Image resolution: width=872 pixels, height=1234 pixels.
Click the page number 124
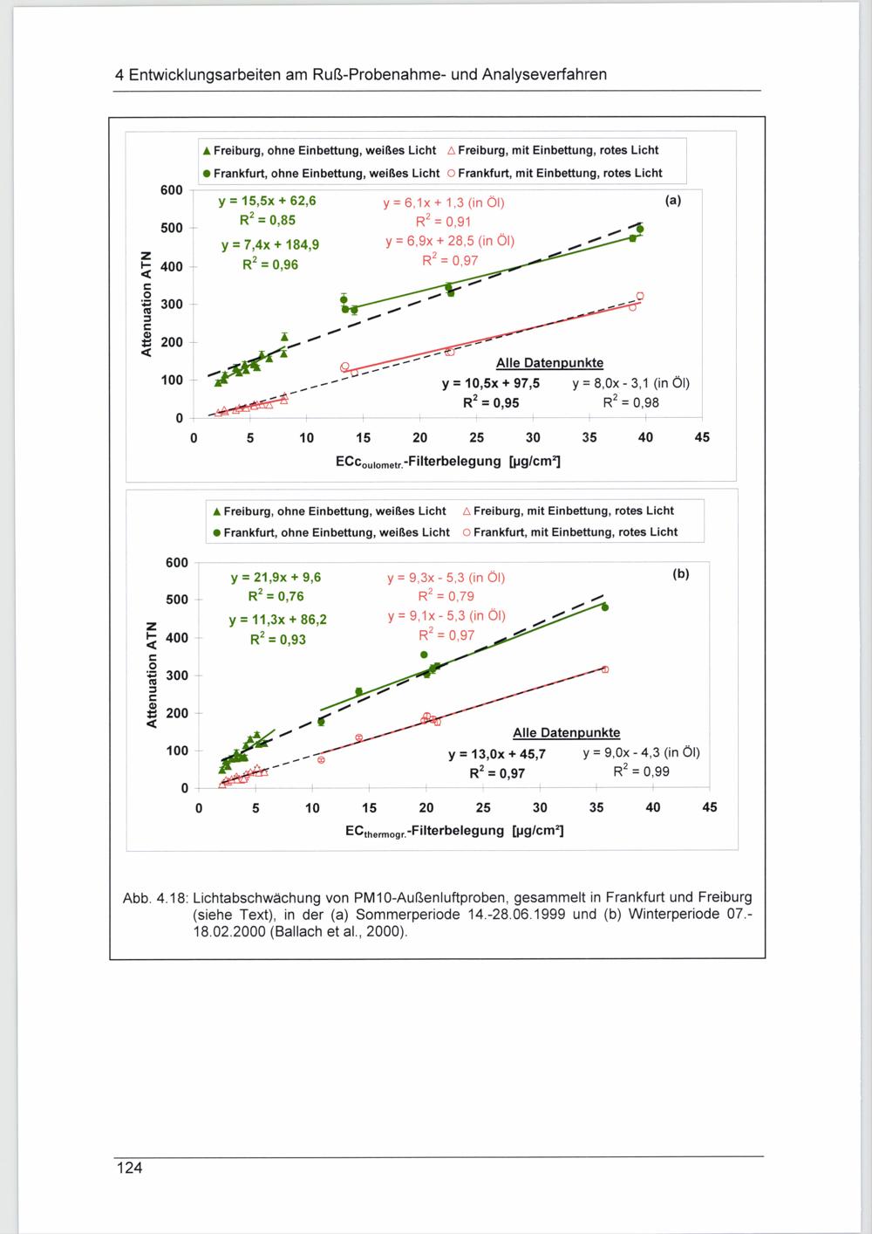tap(129, 1169)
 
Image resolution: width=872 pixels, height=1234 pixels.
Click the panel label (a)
tap(672, 200)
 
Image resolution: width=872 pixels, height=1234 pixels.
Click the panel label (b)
tap(680, 573)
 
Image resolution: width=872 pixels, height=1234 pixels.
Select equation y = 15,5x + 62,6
tap(268, 201)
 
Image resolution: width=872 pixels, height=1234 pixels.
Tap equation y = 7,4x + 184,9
tap(270, 244)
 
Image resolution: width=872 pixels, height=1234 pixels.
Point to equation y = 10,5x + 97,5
tap(490, 383)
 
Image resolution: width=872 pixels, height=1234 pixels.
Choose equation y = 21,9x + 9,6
tap(276, 577)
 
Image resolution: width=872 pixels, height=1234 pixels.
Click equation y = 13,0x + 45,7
tap(497, 754)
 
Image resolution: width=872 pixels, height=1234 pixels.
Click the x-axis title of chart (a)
tap(447, 460)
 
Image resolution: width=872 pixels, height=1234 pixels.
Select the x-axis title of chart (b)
tap(454, 831)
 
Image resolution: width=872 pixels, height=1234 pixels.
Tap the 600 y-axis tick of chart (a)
tap(172, 190)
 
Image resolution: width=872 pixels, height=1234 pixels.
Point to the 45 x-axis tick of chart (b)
tap(710, 807)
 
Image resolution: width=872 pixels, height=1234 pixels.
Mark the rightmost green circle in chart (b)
tap(605, 607)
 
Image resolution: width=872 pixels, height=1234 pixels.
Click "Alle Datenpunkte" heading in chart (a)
tap(549, 363)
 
